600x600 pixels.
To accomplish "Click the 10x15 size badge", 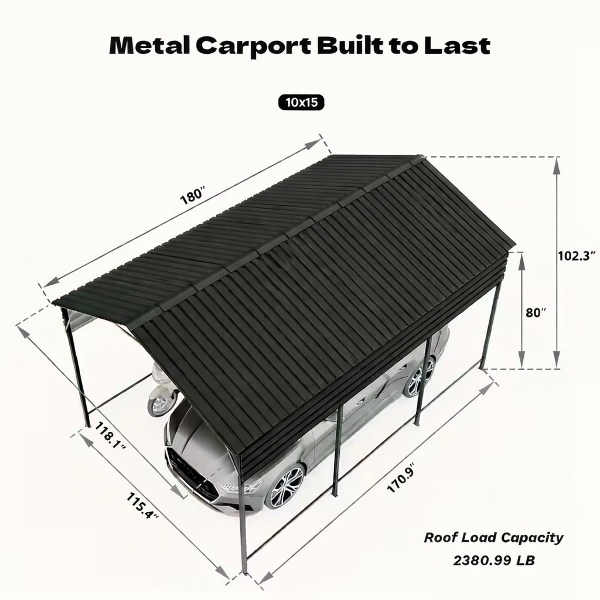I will coord(301,103).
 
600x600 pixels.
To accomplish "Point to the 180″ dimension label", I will coord(193,196).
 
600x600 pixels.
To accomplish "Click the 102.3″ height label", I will coord(577,255).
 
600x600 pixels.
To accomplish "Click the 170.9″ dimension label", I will coord(401,479).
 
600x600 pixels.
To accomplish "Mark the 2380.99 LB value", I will coord(494,560).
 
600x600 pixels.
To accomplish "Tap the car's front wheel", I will coord(286,486).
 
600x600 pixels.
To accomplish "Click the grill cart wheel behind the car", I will coord(159,404).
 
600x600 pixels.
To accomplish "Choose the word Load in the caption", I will coord(480,538).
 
